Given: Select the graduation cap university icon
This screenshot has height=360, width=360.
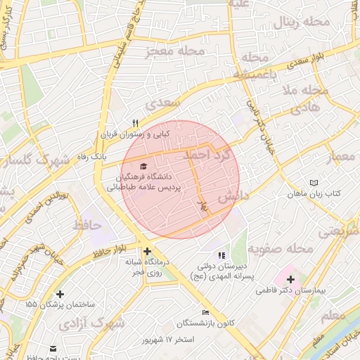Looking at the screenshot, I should (x=144, y=166).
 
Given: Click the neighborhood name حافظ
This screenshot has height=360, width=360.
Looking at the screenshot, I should (x=87, y=225).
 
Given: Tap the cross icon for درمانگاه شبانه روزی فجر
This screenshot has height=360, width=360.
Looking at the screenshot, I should (x=147, y=251).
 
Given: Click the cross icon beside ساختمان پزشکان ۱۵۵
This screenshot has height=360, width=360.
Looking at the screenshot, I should (x=60, y=294).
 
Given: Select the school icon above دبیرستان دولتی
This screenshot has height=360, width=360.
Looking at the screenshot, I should (x=222, y=255).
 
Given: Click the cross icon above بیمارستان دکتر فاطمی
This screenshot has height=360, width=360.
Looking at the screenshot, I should (x=290, y=279).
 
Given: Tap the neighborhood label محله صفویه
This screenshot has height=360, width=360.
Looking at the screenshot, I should (x=285, y=248).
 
